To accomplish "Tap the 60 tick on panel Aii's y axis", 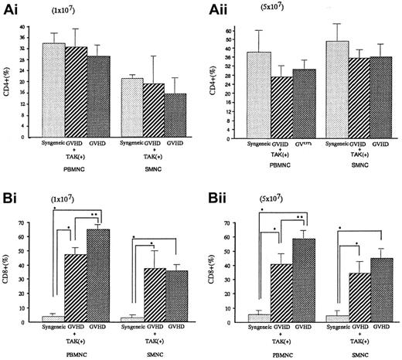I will [x=238, y=32].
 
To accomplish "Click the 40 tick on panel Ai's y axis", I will [x=31, y=28].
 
